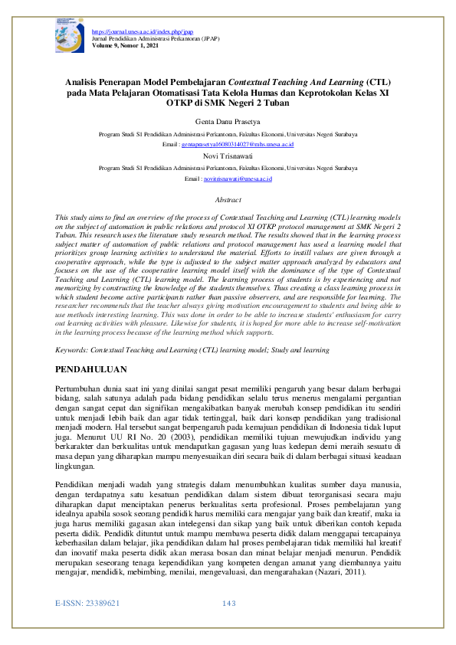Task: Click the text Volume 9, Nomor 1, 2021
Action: coord(125,45)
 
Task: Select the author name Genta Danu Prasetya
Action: coord(228,121)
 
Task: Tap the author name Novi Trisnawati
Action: coord(228,156)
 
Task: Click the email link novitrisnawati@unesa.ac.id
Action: coord(238,178)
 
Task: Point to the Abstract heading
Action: coord(228,199)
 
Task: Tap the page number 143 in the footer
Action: coord(228,625)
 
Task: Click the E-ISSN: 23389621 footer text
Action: coord(87,625)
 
